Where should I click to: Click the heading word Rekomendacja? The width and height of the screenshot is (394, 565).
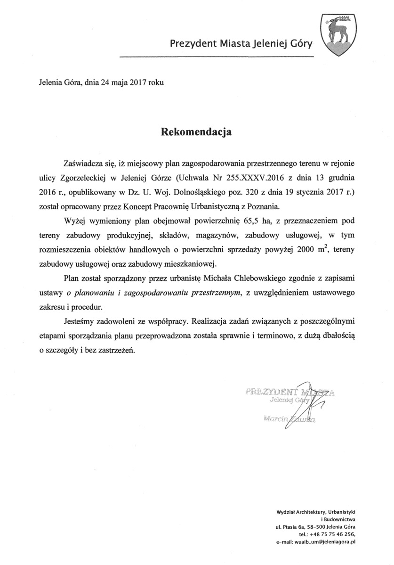pyautogui.click(x=197, y=131)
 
